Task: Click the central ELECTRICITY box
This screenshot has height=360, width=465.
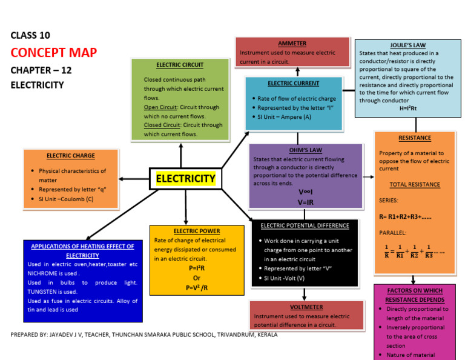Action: (x=186, y=178)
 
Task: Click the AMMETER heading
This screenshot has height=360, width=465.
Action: (x=292, y=44)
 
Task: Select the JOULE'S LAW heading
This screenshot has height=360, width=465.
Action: (x=406, y=45)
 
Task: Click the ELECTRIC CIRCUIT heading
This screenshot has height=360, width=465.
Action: (x=179, y=65)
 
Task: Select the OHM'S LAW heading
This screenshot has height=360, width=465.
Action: (x=305, y=150)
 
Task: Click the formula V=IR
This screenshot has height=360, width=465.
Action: (x=305, y=202)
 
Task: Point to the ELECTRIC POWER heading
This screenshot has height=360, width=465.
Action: (x=196, y=231)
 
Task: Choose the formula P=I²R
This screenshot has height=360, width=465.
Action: (x=197, y=268)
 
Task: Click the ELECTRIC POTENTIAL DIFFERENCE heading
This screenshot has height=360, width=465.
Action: (x=305, y=225)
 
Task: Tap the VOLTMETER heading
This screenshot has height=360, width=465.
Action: (x=306, y=307)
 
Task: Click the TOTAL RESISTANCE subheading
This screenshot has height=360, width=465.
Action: (x=415, y=185)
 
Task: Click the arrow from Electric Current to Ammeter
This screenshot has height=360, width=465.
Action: (x=297, y=72)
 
